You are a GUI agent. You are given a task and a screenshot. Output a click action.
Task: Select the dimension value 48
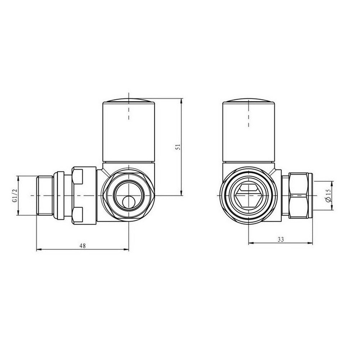tap(82, 246)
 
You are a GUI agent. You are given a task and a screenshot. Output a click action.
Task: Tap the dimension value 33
tap(281, 239)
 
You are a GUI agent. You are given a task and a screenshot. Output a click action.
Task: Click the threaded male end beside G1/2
tap(45, 195)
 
